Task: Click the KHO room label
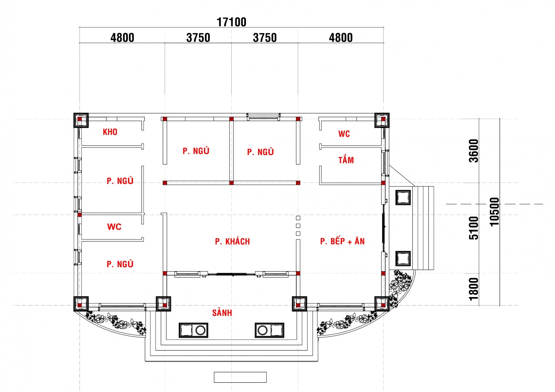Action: (x=110, y=132)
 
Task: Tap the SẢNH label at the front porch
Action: (x=222, y=313)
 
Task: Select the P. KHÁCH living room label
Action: (x=232, y=242)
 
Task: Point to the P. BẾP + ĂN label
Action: (x=342, y=241)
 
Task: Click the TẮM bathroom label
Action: (x=346, y=160)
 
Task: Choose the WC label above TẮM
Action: (x=344, y=134)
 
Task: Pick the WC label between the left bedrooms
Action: (x=114, y=226)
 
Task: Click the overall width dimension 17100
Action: (x=231, y=22)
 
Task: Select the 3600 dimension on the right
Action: (x=474, y=150)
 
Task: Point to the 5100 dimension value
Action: (x=474, y=228)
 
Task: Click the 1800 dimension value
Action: (x=474, y=289)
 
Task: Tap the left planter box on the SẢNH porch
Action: (x=194, y=330)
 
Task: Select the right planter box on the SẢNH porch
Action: (x=269, y=330)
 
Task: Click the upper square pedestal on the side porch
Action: (x=403, y=197)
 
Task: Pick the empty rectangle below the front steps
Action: (x=240, y=377)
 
